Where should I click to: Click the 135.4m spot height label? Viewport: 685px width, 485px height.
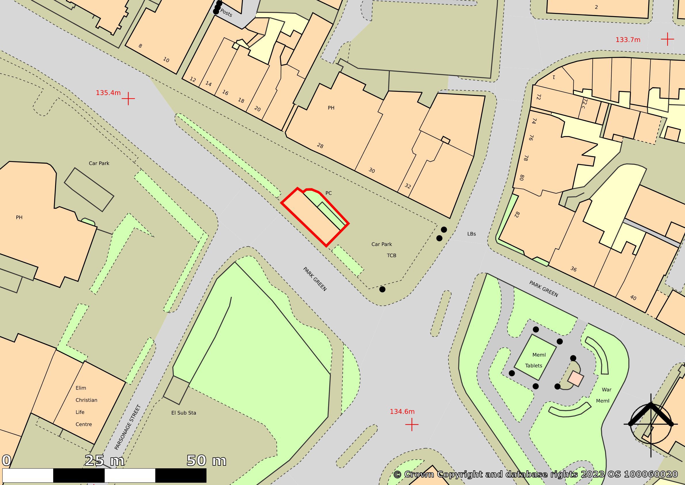[x=108, y=93]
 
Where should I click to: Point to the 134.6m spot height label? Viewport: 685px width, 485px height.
[x=402, y=412]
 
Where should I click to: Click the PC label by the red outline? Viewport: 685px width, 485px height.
[x=328, y=193]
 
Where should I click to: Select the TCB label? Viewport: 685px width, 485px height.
[x=391, y=256]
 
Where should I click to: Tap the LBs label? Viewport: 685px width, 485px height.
[x=471, y=234]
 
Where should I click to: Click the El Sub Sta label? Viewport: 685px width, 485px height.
[x=183, y=413]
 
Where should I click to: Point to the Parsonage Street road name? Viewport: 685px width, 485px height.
[x=127, y=427]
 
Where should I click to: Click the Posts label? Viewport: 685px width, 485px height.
[x=226, y=13]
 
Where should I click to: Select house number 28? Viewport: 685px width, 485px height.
[x=320, y=146]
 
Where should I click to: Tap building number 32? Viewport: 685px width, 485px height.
[x=407, y=186]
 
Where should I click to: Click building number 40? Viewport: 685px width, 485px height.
[x=633, y=298]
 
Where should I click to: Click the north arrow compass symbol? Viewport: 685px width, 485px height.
[x=651, y=424]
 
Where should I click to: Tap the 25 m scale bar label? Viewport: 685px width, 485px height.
[x=104, y=461]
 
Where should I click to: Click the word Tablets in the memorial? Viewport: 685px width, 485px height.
[x=533, y=366]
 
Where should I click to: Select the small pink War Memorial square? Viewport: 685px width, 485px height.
[x=575, y=379]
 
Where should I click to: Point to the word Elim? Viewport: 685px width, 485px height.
[x=81, y=388]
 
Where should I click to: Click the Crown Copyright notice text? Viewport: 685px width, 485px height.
[x=535, y=474]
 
